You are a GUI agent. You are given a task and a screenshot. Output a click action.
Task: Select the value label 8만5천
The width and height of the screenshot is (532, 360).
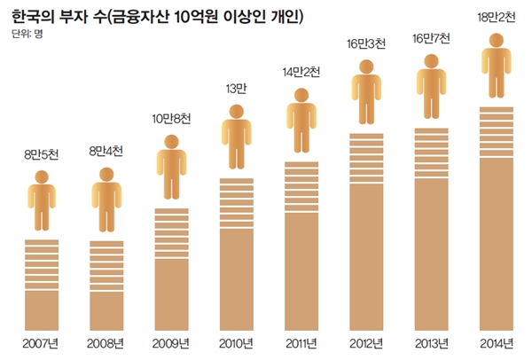43,157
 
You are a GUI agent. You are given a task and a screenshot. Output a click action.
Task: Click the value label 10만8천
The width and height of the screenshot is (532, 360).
171,118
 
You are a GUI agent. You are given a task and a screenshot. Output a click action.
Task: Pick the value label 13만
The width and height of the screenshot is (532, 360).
235,89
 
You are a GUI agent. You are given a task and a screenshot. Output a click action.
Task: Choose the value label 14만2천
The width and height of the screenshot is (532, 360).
300,72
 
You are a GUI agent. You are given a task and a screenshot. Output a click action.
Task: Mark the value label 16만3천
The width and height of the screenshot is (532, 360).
366,43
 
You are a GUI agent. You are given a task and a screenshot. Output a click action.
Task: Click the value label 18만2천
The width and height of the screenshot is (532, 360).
496,16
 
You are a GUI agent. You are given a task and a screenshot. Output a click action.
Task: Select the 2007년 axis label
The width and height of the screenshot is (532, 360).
42,340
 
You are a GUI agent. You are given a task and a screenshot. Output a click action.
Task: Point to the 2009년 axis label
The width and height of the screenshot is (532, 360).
171,340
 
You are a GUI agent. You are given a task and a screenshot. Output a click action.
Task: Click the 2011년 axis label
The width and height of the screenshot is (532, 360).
301,340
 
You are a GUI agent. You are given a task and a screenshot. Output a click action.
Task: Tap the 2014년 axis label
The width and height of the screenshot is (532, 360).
497,340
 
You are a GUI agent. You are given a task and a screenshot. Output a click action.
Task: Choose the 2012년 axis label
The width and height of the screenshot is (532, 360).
366,340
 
